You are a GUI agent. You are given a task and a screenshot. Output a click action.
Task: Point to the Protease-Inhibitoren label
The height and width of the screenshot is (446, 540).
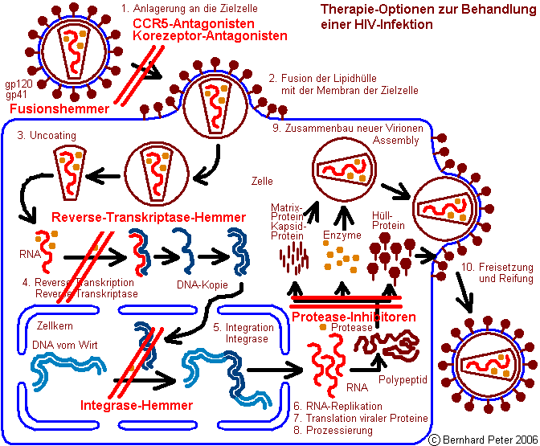pyautogui.click(x=354, y=317)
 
